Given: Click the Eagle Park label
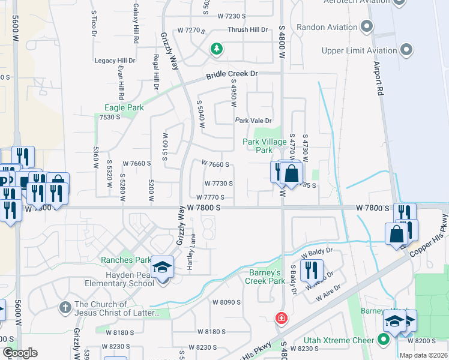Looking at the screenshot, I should (x=124, y=107).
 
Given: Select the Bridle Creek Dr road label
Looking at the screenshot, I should (x=231, y=75).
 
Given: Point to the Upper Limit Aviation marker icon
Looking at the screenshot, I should (x=408, y=50).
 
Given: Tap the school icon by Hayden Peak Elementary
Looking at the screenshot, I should (x=162, y=267).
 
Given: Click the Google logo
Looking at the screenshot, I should (x=20, y=353).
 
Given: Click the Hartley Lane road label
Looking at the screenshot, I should (x=190, y=251).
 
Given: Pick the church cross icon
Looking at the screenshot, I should (x=65, y=307).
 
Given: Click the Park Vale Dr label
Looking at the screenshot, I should (x=253, y=121).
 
